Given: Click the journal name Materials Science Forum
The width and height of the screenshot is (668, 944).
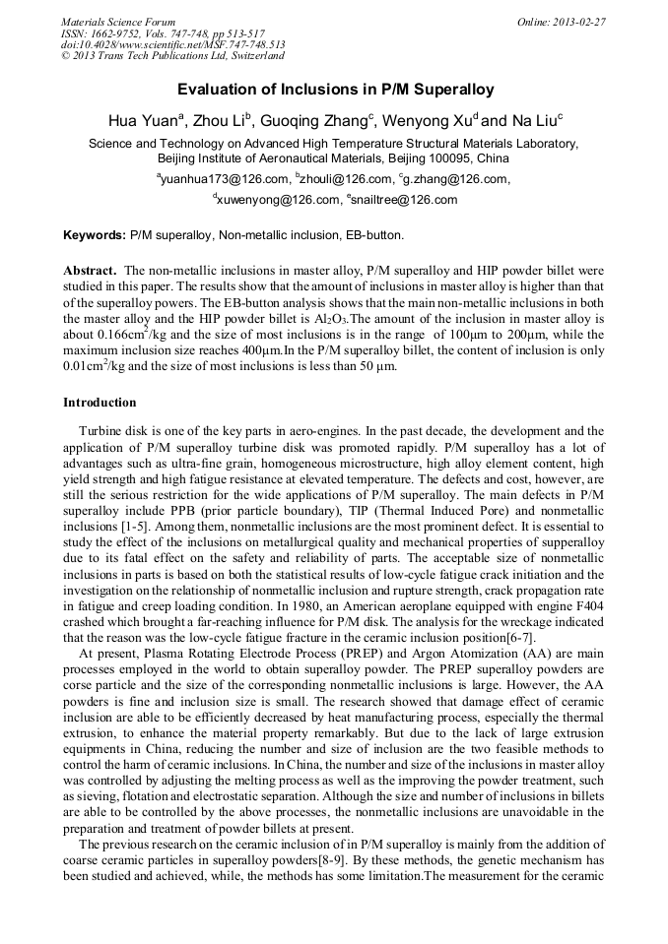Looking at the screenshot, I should coord(118,22).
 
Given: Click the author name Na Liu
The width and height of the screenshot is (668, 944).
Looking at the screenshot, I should coord(533,121).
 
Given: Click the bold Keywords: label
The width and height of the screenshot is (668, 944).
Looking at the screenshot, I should coord(95,236).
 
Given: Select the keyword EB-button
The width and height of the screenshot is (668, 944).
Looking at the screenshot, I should coord(370,236).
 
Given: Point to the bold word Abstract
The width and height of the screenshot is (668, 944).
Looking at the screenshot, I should coord(92,270).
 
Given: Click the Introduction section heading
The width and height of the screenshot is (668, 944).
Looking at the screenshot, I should coord(100,403).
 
